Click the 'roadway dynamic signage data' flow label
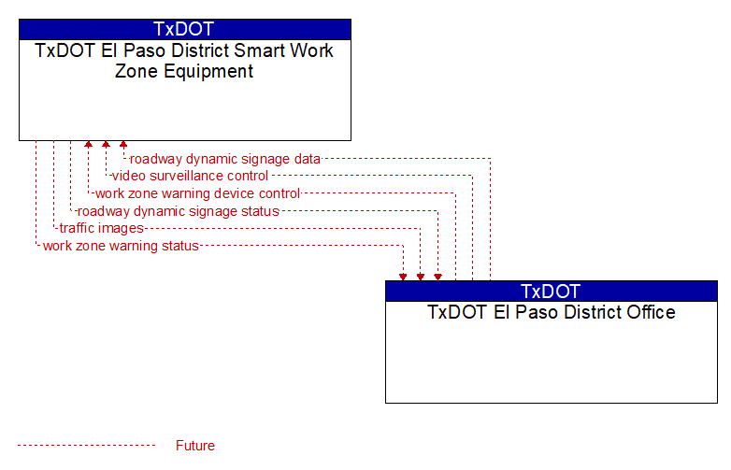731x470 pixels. (224, 159)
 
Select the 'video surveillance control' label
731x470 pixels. (190, 176)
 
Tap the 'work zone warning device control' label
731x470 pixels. (197, 193)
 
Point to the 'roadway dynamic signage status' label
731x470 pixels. (179, 211)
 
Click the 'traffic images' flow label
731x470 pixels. (102, 228)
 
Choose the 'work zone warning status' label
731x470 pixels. (121, 246)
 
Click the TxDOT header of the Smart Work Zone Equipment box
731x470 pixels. (184, 29)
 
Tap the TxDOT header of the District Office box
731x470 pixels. (551, 292)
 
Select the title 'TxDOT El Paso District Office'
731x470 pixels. (552, 312)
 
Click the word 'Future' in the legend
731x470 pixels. (195, 446)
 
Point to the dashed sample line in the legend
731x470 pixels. (87, 446)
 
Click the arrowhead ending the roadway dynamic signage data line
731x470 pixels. (123, 145)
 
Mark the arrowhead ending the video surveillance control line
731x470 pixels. (106, 145)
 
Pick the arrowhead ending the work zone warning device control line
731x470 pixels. (88, 145)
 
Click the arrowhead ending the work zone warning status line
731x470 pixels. (403, 278)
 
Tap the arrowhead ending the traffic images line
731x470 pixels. (421, 278)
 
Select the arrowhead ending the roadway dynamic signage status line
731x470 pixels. (437, 278)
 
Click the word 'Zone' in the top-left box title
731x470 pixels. (136, 71)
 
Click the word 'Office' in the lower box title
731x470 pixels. (651, 312)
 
